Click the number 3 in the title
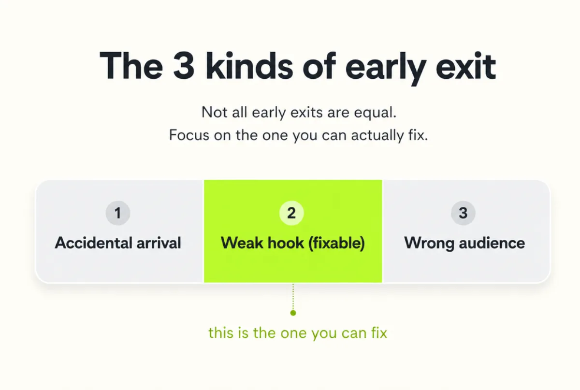184,66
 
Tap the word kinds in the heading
249,65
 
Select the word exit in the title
466,66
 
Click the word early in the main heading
386,69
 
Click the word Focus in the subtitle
189,135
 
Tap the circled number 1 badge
118,213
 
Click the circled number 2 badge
291,213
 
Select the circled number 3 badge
463,213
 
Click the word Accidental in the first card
93,243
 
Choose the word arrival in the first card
159,243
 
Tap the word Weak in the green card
242,243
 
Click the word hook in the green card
286,243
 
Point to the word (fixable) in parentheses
336,244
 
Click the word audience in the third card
492,243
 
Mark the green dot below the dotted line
293,313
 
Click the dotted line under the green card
293,297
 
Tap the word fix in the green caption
379,333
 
